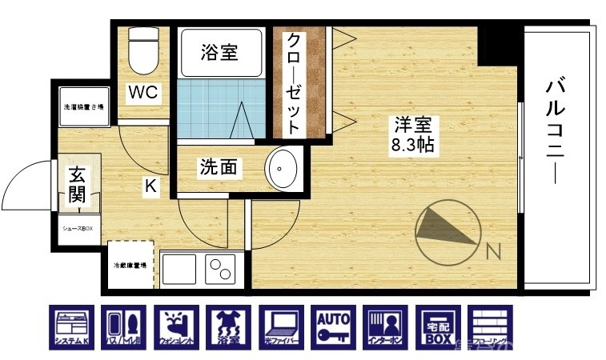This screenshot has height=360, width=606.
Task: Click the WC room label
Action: [x=145, y=92]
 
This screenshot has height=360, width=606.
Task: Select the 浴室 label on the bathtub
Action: [x=219, y=54]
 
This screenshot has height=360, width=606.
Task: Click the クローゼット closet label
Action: [x=293, y=83]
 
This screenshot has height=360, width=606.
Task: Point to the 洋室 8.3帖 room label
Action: [x=412, y=135]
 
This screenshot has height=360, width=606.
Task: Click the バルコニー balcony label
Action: [x=553, y=131]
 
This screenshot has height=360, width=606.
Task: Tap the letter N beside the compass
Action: [x=493, y=252]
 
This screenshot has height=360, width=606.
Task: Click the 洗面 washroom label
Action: [x=219, y=168]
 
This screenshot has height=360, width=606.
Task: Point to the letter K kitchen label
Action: [x=150, y=187]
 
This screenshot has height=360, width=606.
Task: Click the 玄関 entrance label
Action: [x=78, y=185]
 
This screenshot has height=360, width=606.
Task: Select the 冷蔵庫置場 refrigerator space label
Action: [x=129, y=265]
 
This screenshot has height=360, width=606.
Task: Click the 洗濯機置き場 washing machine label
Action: [x=83, y=106]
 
